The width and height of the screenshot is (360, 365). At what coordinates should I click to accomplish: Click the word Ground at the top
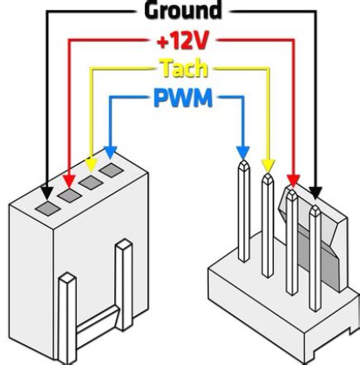pyautogui.click(x=183, y=11)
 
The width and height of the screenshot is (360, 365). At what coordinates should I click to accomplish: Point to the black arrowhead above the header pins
pyautogui.click(x=315, y=193)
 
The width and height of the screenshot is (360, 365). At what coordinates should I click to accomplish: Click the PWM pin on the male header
pyautogui.click(x=243, y=215)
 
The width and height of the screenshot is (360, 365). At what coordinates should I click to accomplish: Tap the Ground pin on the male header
pyautogui.click(x=314, y=248)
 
